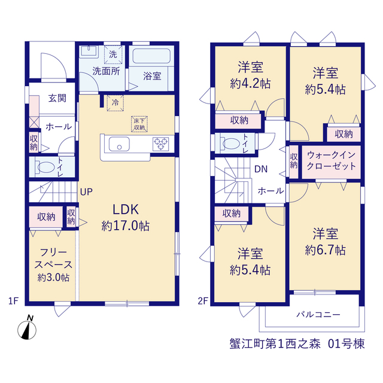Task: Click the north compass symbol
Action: [27, 328]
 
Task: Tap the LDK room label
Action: [126, 209]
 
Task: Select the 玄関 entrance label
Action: [57, 98]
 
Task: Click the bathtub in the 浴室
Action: [151, 56]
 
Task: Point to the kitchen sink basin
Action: [119, 144]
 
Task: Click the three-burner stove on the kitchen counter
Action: [161, 144]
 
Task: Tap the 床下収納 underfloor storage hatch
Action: [139, 124]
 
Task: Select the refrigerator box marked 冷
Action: [115, 102]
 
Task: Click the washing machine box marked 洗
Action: [113, 54]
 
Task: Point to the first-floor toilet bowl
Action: [46, 167]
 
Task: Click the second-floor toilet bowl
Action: [231, 144]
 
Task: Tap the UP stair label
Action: [86, 192]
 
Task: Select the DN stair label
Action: [261, 169]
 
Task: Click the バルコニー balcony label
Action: [318, 314]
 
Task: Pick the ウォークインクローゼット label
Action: [331, 160]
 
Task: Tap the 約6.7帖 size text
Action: [326, 250]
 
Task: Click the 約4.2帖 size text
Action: [250, 84]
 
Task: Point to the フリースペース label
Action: [53, 258]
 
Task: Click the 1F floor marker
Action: [13, 301]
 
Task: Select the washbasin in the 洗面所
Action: [89, 51]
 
